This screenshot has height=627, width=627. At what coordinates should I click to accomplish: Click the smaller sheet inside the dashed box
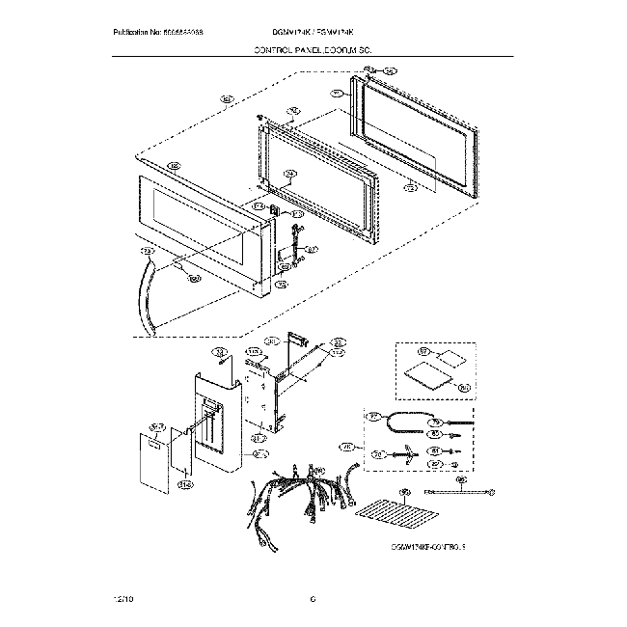click(x=447, y=359)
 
